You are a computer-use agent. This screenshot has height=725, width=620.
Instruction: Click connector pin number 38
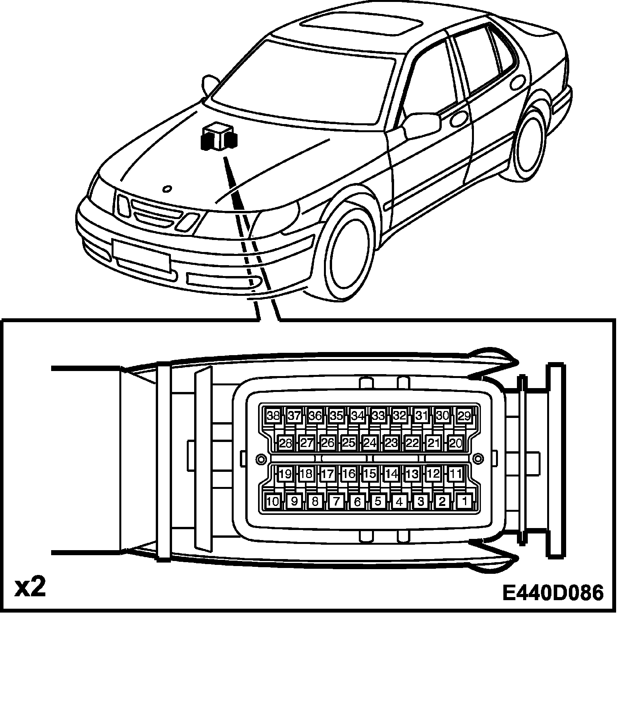[273, 416]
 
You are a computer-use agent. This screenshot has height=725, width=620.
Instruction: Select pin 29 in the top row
[464, 416]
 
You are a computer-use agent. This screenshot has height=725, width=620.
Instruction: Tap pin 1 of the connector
[464, 501]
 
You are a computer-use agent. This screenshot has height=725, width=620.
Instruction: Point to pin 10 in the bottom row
[273, 501]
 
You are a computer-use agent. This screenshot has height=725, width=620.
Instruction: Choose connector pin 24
[370, 443]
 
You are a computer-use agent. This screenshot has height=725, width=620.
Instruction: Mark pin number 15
[370, 474]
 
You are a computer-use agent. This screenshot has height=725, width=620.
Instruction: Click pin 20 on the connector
[455, 443]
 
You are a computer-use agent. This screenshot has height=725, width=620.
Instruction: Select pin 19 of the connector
[285, 474]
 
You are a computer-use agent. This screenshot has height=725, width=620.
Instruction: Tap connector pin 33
[378, 416]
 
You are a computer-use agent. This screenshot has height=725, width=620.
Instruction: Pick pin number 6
[357, 501]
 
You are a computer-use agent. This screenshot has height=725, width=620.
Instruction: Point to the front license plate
[141, 254]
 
